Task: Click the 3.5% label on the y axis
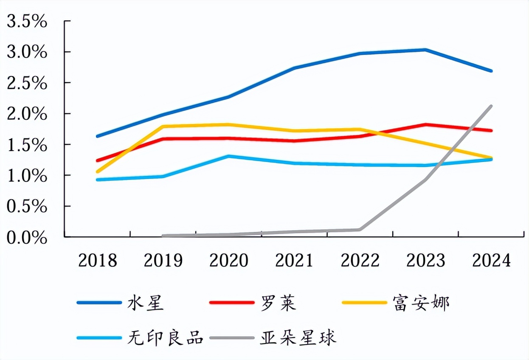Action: click(26, 21)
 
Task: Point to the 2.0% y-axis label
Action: click(26, 114)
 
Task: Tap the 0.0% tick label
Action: click(26, 237)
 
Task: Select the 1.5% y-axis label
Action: click(26, 145)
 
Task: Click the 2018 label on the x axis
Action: click(98, 260)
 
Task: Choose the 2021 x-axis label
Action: click(294, 260)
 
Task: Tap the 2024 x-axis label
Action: click(491, 260)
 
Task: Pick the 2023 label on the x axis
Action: click(426, 260)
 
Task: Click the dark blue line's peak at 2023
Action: click(425, 50)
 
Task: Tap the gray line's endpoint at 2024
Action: click(491, 106)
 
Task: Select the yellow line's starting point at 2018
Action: click(98, 172)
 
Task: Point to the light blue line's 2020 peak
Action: click(229, 156)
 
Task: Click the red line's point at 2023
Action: click(425, 124)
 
